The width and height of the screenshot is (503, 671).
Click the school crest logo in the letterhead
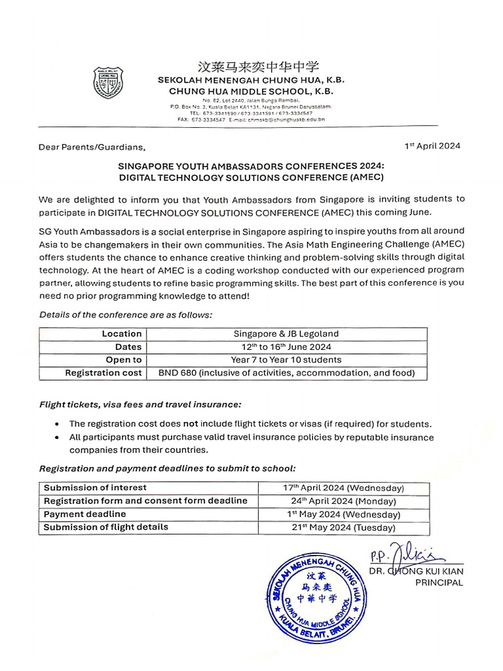click(x=107, y=82)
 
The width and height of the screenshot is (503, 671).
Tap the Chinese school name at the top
click(x=251, y=67)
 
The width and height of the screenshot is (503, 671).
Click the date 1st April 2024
click(x=432, y=146)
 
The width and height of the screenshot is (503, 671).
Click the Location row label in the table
click(x=122, y=334)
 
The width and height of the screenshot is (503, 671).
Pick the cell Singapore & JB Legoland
click(x=286, y=334)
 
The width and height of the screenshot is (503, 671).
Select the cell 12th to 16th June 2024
click(x=286, y=347)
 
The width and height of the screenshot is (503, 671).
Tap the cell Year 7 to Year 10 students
click(x=286, y=360)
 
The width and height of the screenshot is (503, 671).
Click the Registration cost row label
click(x=103, y=373)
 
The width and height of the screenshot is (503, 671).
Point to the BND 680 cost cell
click(x=286, y=373)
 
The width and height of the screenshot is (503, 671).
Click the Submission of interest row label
click(x=96, y=488)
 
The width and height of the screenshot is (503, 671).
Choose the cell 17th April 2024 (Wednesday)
click(x=343, y=488)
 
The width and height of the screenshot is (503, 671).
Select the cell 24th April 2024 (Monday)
click(x=343, y=501)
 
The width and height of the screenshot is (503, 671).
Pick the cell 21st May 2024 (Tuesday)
click(x=343, y=527)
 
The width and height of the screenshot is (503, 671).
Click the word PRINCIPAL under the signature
click(x=439, y=583)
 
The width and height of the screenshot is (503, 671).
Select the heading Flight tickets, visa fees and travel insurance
click(x=140, y=404)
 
